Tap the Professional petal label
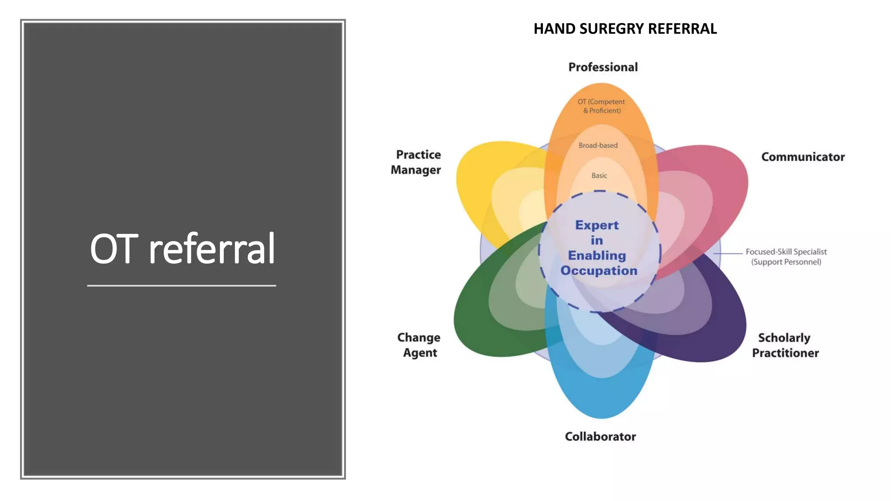pyautogui.click(x=603, y=67)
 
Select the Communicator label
pyautogui.click(x=803, y=157)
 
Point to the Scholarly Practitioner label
pyautogui.click(x=785, y=345)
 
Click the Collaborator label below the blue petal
pyautogui.click(x=600, y=437)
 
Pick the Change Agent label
pyautogui.click(x=419, y=345)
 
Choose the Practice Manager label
pyautogui.click(x=416, y=162)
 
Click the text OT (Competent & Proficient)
pyautogui.click(x=601, y=106)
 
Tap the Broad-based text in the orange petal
pyautogui.click(x=598, y=146)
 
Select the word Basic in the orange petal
pyautogui.click(x=599, y=176)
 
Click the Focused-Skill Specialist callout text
pyautogui.click(x=786, y=257)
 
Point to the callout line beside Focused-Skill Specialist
pyautogui.click(x=728, y=253)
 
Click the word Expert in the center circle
pyautogui.click(x=596, y=225)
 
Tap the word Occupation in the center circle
pyautogui.click(x=599, y=271)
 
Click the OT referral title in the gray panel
pyautogui.click(x=182, y=249)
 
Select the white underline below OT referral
pyautogui.click(x=181, y=286)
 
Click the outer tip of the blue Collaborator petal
pyautogui.click(x=601, y=407)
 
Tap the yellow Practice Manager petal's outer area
pyautogui.click(x=474, y=174)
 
